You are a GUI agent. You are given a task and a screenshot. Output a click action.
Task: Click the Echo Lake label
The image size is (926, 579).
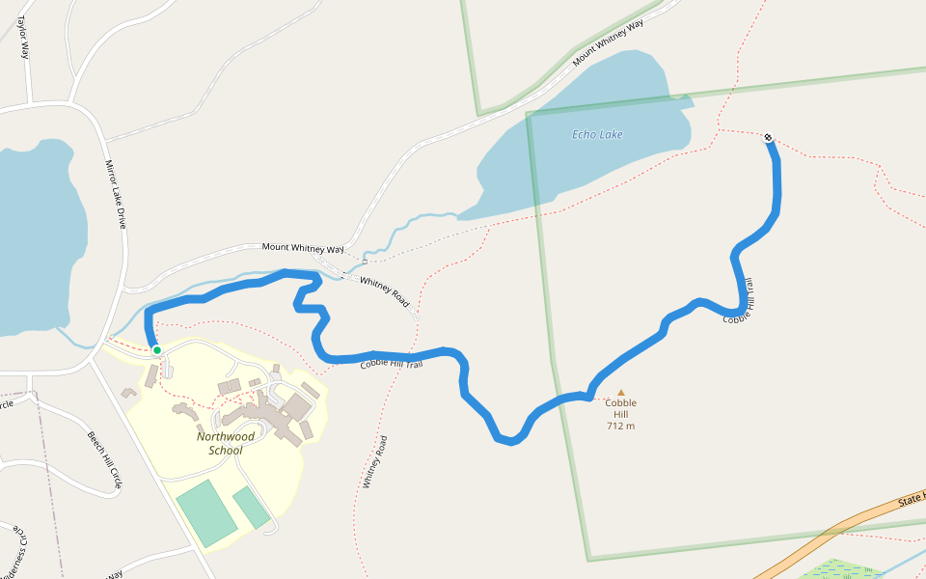click(x=597, y=135)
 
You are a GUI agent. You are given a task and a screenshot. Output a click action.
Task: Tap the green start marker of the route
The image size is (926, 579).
click(x=156, y=350)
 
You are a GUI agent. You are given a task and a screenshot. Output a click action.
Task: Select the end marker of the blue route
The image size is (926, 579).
click(x=768, y=137)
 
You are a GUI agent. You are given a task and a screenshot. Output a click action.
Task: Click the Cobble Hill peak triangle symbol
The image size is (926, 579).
click(x=620, y=392)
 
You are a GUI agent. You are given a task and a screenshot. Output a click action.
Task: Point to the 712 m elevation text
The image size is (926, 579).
click(x=620, y=426)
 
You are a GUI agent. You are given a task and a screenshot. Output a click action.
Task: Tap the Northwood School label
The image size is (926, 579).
click(x=226, y=443)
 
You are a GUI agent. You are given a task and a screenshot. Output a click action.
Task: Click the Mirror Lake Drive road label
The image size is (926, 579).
click(x=117, y=194)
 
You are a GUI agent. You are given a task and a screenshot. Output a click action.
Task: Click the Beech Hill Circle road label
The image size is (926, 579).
click(x=105, y=458)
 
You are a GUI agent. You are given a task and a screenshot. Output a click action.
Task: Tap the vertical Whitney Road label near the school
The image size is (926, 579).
click(x=374, y=462)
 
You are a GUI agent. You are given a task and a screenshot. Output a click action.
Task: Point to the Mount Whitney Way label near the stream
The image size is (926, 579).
click(x=303, y=248)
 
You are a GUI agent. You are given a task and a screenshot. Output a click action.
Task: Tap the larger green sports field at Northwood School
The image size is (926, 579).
click(x=205, y=511)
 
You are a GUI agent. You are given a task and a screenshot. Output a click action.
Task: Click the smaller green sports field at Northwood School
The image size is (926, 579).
click(x=252, y=508)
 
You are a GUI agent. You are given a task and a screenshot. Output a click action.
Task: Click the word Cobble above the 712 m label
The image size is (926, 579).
click(x=620, y=403)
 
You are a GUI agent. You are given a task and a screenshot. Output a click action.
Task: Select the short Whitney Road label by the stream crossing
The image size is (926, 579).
click(x=384, y=292)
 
